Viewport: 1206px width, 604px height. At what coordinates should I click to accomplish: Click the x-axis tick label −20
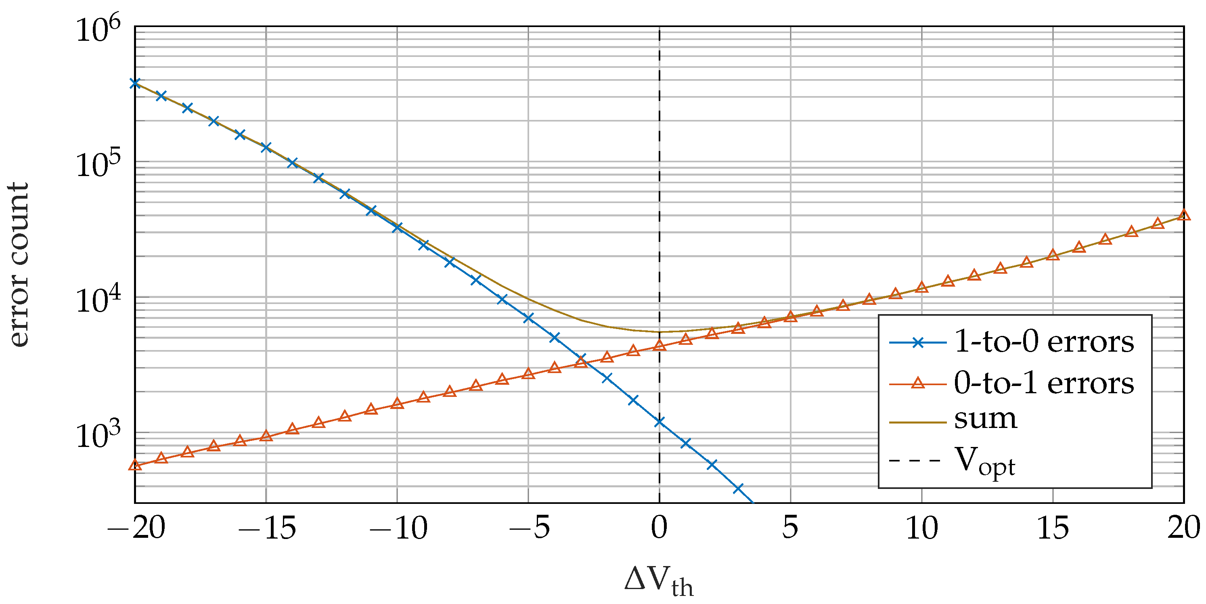pos(137,528)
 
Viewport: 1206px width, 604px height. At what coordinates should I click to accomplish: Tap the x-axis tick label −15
pos(267,528)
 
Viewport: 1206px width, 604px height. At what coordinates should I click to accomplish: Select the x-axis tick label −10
pos(398,528)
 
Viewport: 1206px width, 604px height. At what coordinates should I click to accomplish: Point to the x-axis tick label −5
pos(530,528)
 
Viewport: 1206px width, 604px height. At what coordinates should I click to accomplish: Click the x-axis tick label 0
pos(659,528)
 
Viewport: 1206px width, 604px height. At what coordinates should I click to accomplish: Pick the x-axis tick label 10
pos(922,528)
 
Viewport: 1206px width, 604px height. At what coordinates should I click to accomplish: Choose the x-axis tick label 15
pos(1053,528)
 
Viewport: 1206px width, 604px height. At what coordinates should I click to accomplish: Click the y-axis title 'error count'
pos(19,264)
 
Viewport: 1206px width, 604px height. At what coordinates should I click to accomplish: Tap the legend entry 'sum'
pos(986,419)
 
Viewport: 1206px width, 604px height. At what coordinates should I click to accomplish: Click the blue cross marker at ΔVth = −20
pos(135,83)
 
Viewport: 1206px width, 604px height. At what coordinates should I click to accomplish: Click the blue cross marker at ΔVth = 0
pos(659,422)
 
